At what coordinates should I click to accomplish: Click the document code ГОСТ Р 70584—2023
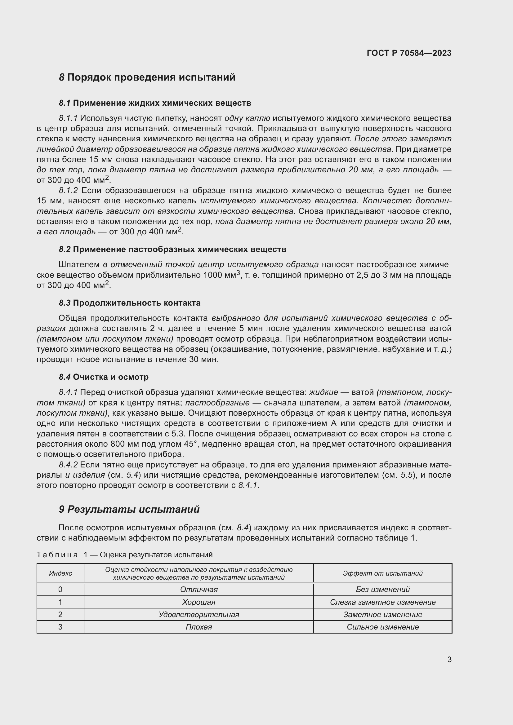pos(409,53)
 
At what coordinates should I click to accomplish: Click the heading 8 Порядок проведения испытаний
pos(147,77)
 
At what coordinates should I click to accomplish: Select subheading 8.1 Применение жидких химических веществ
pos(155,103)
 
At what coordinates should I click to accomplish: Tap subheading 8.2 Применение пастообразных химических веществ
pos(172,249)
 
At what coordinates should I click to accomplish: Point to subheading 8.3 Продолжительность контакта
pos(130,303)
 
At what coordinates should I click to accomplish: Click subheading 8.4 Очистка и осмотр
pos(104,377)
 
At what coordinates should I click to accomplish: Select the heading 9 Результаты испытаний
pos(129,509)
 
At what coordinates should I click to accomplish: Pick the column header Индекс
pos(60,573)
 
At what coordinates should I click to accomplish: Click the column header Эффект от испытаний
pos(382,573)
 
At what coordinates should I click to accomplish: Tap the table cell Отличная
pos(199,590)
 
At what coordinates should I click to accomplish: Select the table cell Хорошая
pos(199,602)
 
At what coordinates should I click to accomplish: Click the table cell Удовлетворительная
pos(199,614)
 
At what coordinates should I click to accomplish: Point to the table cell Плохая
pos(199,627)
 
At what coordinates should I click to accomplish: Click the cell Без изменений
pos(382,590)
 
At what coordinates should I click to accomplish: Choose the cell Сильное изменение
pos(382,627)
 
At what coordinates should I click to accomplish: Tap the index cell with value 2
pos(60,614)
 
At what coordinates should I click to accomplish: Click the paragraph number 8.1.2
pos(68,190)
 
